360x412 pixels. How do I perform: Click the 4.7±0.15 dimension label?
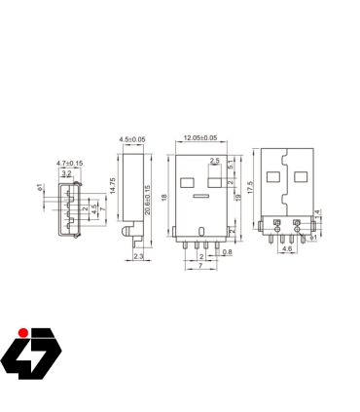[x=69, y=163]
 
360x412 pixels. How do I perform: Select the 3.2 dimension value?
[x=66, y=172]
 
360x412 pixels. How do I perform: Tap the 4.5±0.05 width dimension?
[x=131, y=140]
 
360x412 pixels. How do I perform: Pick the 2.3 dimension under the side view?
[x=137, y=255]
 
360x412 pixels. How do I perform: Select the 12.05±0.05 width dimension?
[x=200, y=139]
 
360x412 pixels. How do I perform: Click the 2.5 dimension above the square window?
[x=214, y=161]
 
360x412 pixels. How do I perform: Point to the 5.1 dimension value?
[x=230, y=166]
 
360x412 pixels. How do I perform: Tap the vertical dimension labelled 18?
[x=165, y=199]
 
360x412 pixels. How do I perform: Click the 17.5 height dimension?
[x=251, y=186]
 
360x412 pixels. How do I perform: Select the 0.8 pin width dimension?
[x=227, y=253]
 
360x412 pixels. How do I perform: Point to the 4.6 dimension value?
[x=285, y=249]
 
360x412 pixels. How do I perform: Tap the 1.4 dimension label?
[x=316, y=212]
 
